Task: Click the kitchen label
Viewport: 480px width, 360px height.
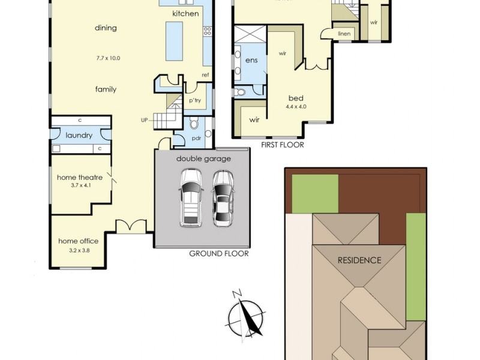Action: click(x=185, y=13)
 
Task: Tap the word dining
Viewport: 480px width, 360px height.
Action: click(x=106, y=28)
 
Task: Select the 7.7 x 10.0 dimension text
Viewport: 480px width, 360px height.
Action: click(x=108, y=58)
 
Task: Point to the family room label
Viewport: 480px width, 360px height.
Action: click(x=106, y=89)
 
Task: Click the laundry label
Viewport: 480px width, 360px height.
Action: click(x=79, y=136)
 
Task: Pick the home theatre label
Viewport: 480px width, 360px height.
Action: click(x=80, y=178)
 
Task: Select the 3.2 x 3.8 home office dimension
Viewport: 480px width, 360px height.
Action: click(x=76, y=251)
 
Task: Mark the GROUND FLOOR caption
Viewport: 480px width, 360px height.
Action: click(x=219, y=254)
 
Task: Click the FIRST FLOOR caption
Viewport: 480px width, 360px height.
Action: click(x=283, y=145)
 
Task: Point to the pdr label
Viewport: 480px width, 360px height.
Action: click(x=196, y=138)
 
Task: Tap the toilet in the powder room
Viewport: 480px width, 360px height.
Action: click(x=194, y=124)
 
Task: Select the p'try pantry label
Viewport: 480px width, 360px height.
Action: click(x=194, y=101)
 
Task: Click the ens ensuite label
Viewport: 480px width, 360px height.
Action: click(x=251, y=61)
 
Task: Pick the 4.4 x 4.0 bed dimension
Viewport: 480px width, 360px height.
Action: click(x=296, y=107)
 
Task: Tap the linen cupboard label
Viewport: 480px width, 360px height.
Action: click(x=344, y=34)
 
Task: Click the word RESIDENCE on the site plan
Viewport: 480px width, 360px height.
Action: click(x=359, y=260)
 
